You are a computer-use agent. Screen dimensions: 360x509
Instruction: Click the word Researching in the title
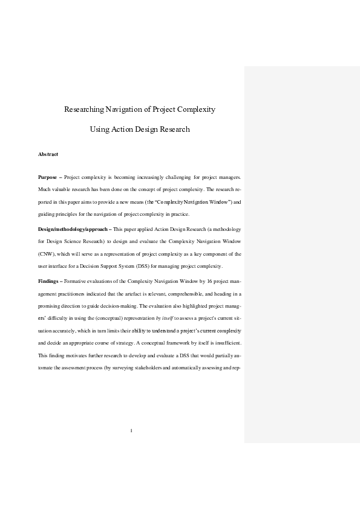tap(84, 109)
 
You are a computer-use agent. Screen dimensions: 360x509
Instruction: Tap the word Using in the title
tap(100, 129)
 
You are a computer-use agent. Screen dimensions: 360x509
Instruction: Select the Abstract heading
tap(48, 155)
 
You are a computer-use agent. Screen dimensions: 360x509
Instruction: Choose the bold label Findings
tap(49, 282)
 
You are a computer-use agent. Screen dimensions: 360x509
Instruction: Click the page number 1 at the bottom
tap(131, 431)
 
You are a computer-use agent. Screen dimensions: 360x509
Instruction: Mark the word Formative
tap(76, 282)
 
